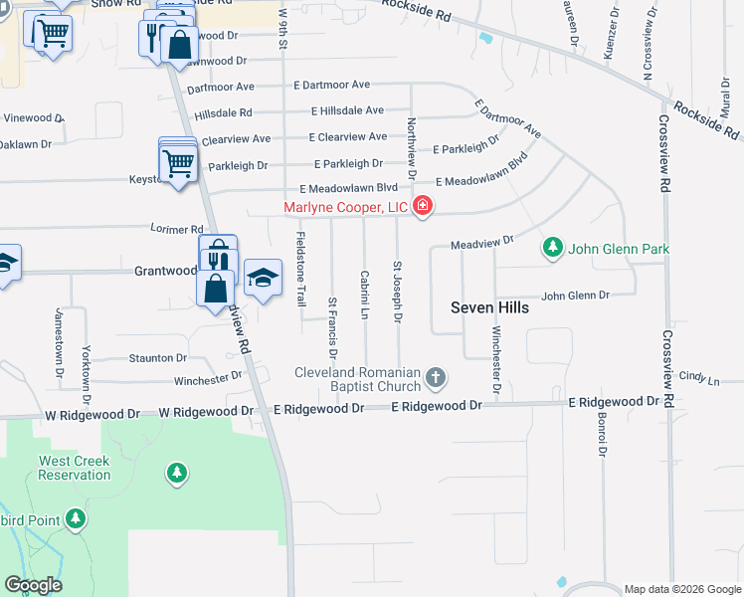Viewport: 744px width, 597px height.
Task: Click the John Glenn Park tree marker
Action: (x=552, y=247)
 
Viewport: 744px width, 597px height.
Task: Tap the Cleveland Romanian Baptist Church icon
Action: (x=435, y=377)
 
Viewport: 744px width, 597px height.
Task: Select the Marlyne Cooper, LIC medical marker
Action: (x=423, y=206)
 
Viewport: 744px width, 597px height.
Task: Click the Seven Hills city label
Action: (x=489, y=307)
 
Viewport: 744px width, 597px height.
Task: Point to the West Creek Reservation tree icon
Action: (x=177, y=473)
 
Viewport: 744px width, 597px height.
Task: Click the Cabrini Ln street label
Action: (x=365, y=295)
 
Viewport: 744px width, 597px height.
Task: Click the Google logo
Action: (x=33, y=585)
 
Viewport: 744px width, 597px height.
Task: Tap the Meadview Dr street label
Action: (x=481, y=241)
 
